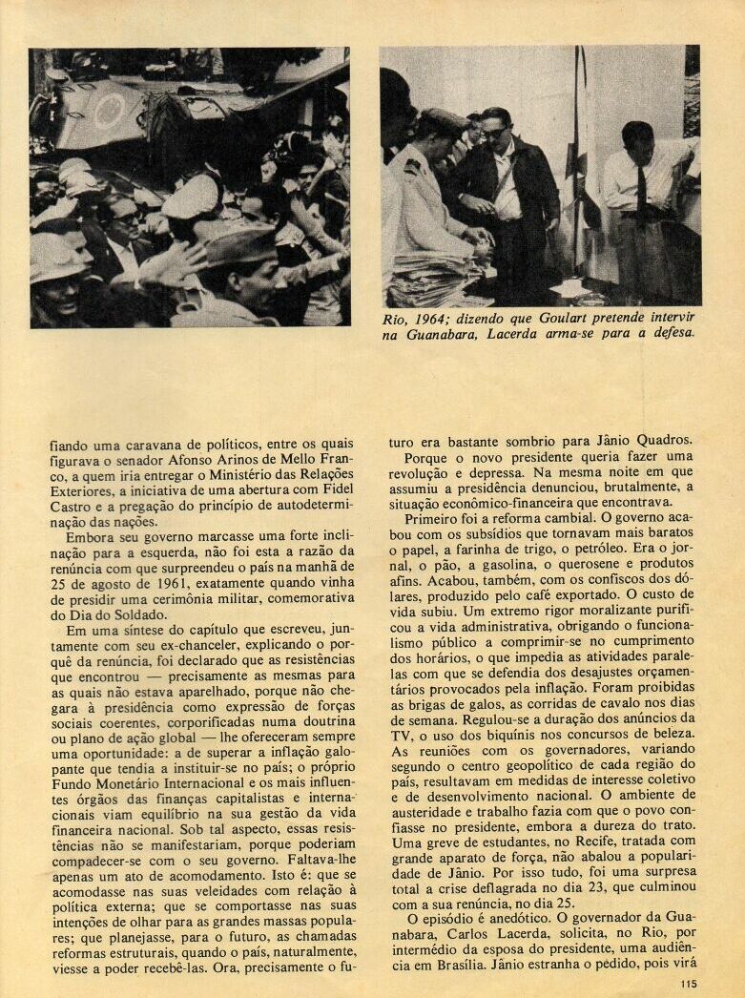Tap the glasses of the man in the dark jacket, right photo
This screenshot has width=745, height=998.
point(493,132)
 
